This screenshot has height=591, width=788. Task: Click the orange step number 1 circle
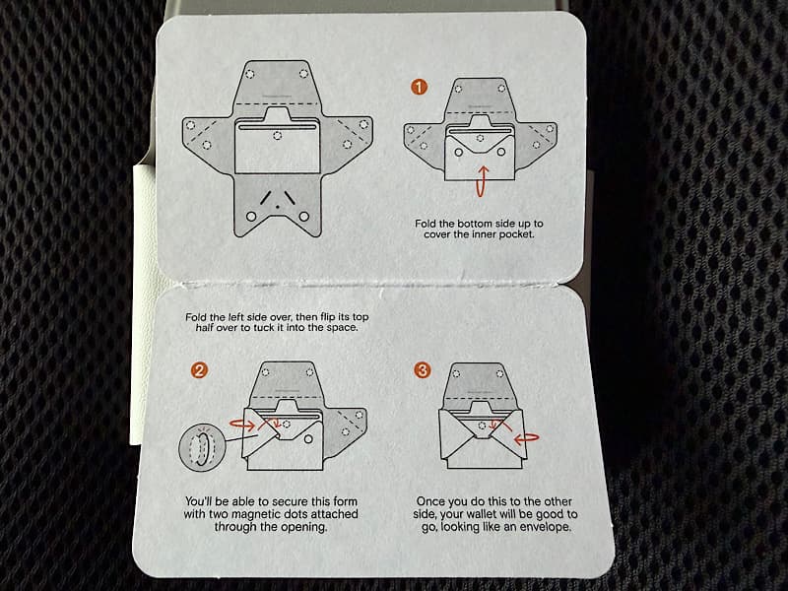point(419,87)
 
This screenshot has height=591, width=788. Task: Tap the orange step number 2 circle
point(199,371)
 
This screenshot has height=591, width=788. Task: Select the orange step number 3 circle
point(423,370)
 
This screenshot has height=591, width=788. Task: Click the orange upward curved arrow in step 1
point(482,181)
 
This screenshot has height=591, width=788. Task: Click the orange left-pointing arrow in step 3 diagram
point(526,437)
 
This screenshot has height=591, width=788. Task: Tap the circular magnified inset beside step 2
point(200,446)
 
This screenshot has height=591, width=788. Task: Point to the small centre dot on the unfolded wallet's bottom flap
point(277,206)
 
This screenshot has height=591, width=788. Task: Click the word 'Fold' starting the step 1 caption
point(426,224)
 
